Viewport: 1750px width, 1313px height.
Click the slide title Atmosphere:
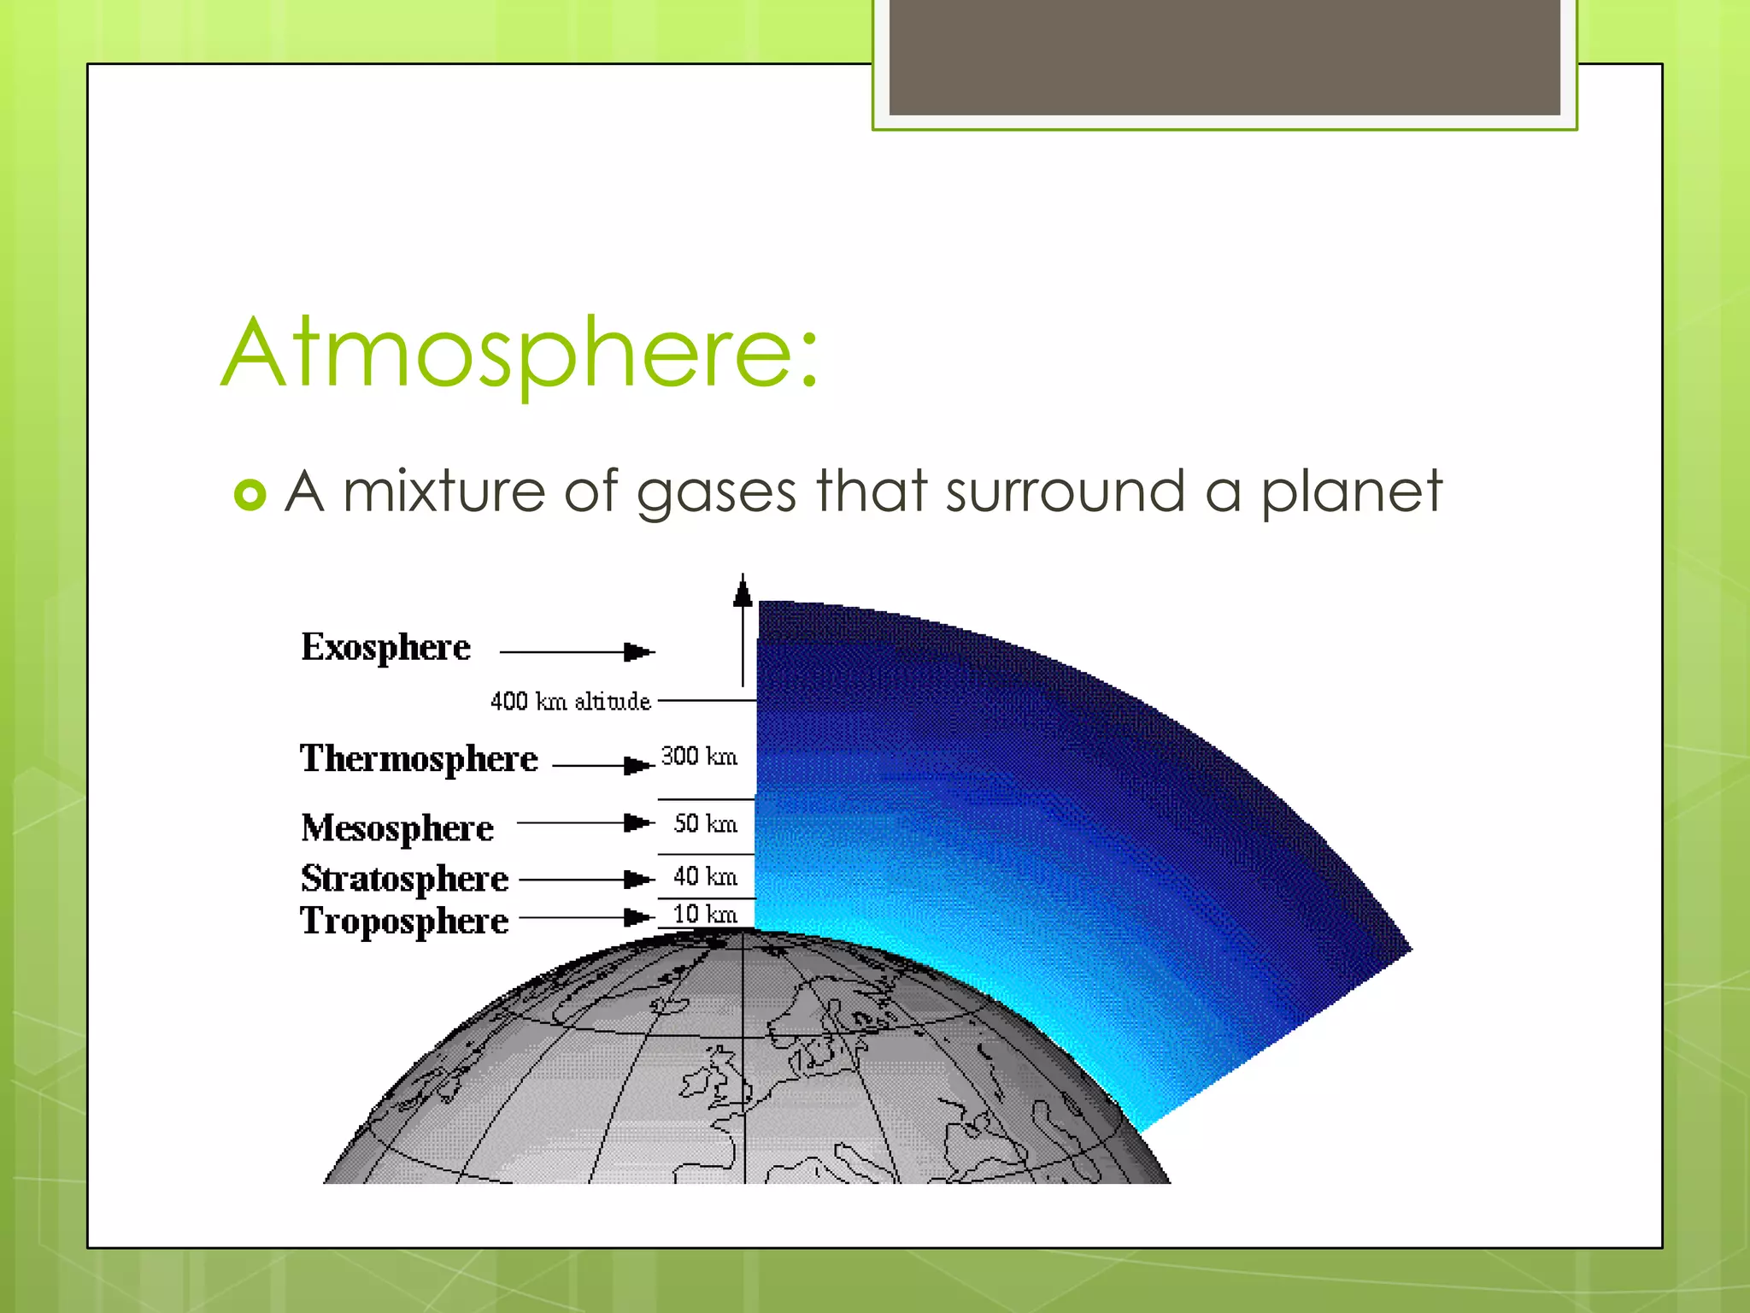(520, 352)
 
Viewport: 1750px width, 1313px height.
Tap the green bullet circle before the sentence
(250, 495)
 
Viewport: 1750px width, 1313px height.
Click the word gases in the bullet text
(716, 493)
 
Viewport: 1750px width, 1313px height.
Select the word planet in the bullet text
(1351, 493)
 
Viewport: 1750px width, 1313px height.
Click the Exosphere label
(385, 648)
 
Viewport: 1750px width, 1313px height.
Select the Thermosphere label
(419, 759)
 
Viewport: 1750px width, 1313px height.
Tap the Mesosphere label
(397, 828)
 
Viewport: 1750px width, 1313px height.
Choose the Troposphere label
(404, 921)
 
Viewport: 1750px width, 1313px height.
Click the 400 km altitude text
(570, 702)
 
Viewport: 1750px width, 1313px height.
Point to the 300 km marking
(699, 757)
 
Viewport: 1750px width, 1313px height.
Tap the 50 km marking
(705, 823)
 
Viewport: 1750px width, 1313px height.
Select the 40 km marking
(705, 876)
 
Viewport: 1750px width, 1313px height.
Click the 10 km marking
(705, 914)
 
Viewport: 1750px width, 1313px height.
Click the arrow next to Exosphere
(577, 652)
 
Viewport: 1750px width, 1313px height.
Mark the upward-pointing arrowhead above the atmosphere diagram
(743, 592)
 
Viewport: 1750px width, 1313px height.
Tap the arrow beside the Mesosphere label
(585, 823)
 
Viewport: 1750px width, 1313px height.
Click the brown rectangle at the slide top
(1224, 57)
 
